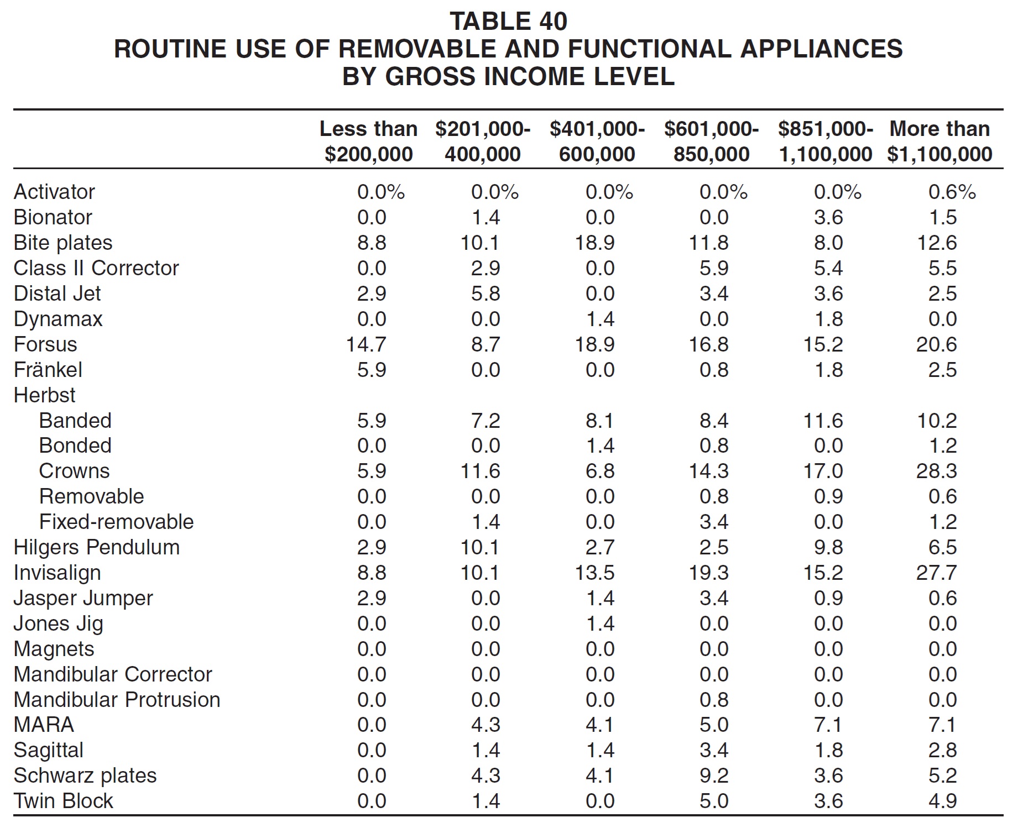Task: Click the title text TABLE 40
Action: pos(508,22)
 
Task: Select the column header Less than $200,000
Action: pos(368,142)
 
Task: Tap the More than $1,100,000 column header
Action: pos(939,142)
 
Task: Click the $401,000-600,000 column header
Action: pos(597,142)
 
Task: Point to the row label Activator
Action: pos(54,192)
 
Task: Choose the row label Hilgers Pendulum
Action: pos(97,547)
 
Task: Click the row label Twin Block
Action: pos(64,801)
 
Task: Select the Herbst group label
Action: pos(44,395)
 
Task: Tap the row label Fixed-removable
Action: pos(116,522)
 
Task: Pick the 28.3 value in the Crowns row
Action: pos(936,471)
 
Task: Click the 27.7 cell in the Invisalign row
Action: pos(936,573)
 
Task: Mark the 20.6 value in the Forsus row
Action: pos(936,344)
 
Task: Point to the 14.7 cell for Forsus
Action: pos(365,344)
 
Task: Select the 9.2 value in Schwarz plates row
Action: pos(714,775)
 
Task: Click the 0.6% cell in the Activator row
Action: pos(952,192)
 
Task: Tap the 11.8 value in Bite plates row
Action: pos(708,243)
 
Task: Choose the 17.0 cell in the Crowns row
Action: pos(823,471)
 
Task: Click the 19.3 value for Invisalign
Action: pos(708,573)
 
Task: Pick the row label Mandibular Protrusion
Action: pos(117,700)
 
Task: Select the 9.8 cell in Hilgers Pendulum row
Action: pos(828,547)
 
